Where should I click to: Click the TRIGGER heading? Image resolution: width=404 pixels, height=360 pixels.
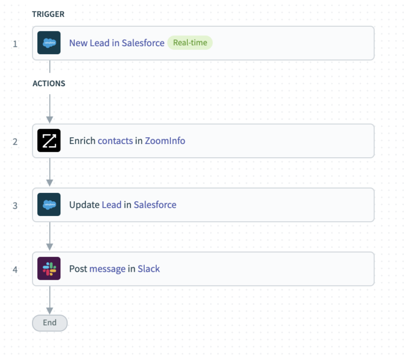point(48,14)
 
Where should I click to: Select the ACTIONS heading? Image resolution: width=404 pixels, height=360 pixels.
point(49,84)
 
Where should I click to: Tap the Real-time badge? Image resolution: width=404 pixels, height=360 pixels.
point(190,43)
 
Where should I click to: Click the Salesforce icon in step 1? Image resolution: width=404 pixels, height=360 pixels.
point(49,43)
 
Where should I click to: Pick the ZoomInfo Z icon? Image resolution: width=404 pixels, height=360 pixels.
point(49,141)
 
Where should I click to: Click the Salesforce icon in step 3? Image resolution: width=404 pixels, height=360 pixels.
point(49,205)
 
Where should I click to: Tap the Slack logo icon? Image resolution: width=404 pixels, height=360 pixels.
point(49,269)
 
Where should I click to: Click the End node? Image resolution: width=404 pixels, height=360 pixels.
point(49,323)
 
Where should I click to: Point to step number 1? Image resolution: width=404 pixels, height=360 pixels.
point(15,44)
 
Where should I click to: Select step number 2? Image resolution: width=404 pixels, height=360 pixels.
point(15,141)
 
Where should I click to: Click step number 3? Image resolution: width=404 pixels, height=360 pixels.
point(15,205)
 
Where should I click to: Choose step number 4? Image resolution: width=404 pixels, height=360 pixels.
point(15,270)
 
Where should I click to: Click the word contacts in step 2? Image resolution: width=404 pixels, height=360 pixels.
point(115,141)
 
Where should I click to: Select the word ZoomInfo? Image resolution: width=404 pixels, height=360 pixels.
point(165,141)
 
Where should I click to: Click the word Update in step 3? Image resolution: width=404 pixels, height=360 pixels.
point(84,205)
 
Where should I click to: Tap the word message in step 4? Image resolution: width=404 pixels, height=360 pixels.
point(107,269)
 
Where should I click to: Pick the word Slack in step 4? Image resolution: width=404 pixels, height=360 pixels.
point(149,269)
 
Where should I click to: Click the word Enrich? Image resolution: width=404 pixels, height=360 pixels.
point(82,141)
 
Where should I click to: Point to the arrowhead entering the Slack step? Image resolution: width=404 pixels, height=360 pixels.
point(49,246)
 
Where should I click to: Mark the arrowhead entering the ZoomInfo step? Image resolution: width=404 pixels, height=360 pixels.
point(49,118)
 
